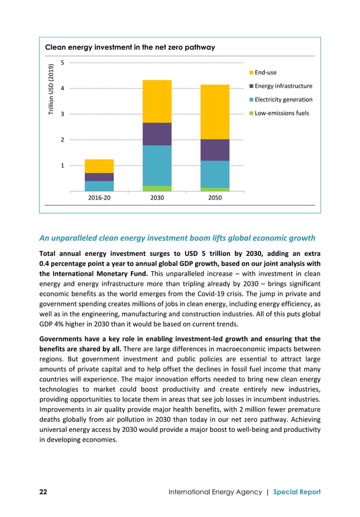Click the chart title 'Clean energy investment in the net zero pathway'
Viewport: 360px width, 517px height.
[x=130, y=47]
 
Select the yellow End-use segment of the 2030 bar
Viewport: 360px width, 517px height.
[x=157, y=101]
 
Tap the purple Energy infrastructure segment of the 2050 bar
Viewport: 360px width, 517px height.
[x=215, y=150]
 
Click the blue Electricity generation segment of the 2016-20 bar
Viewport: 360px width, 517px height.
[x=99, y=186]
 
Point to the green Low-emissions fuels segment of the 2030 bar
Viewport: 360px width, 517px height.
[x=157, y=189]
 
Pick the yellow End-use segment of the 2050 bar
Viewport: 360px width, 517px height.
[x=215, y=112]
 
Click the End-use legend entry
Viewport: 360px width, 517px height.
[x=265, y=73]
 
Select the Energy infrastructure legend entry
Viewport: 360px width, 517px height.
[x=283, y=86]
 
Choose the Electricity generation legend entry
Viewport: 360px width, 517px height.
[x=283, y=100]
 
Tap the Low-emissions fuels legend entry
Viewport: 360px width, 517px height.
[x=281, y=113]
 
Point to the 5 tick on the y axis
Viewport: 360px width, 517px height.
[x=63, y=63]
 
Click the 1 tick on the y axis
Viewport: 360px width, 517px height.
[x=63, y=166]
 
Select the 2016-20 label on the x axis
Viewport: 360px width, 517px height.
[x=99, y=198]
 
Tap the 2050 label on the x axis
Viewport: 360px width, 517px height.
[x=215, y=198]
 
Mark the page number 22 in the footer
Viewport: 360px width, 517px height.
[x=43, y=492]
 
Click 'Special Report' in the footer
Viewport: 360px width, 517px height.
[x=297, y=492]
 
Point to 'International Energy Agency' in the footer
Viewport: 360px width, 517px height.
[x=216, y=492]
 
